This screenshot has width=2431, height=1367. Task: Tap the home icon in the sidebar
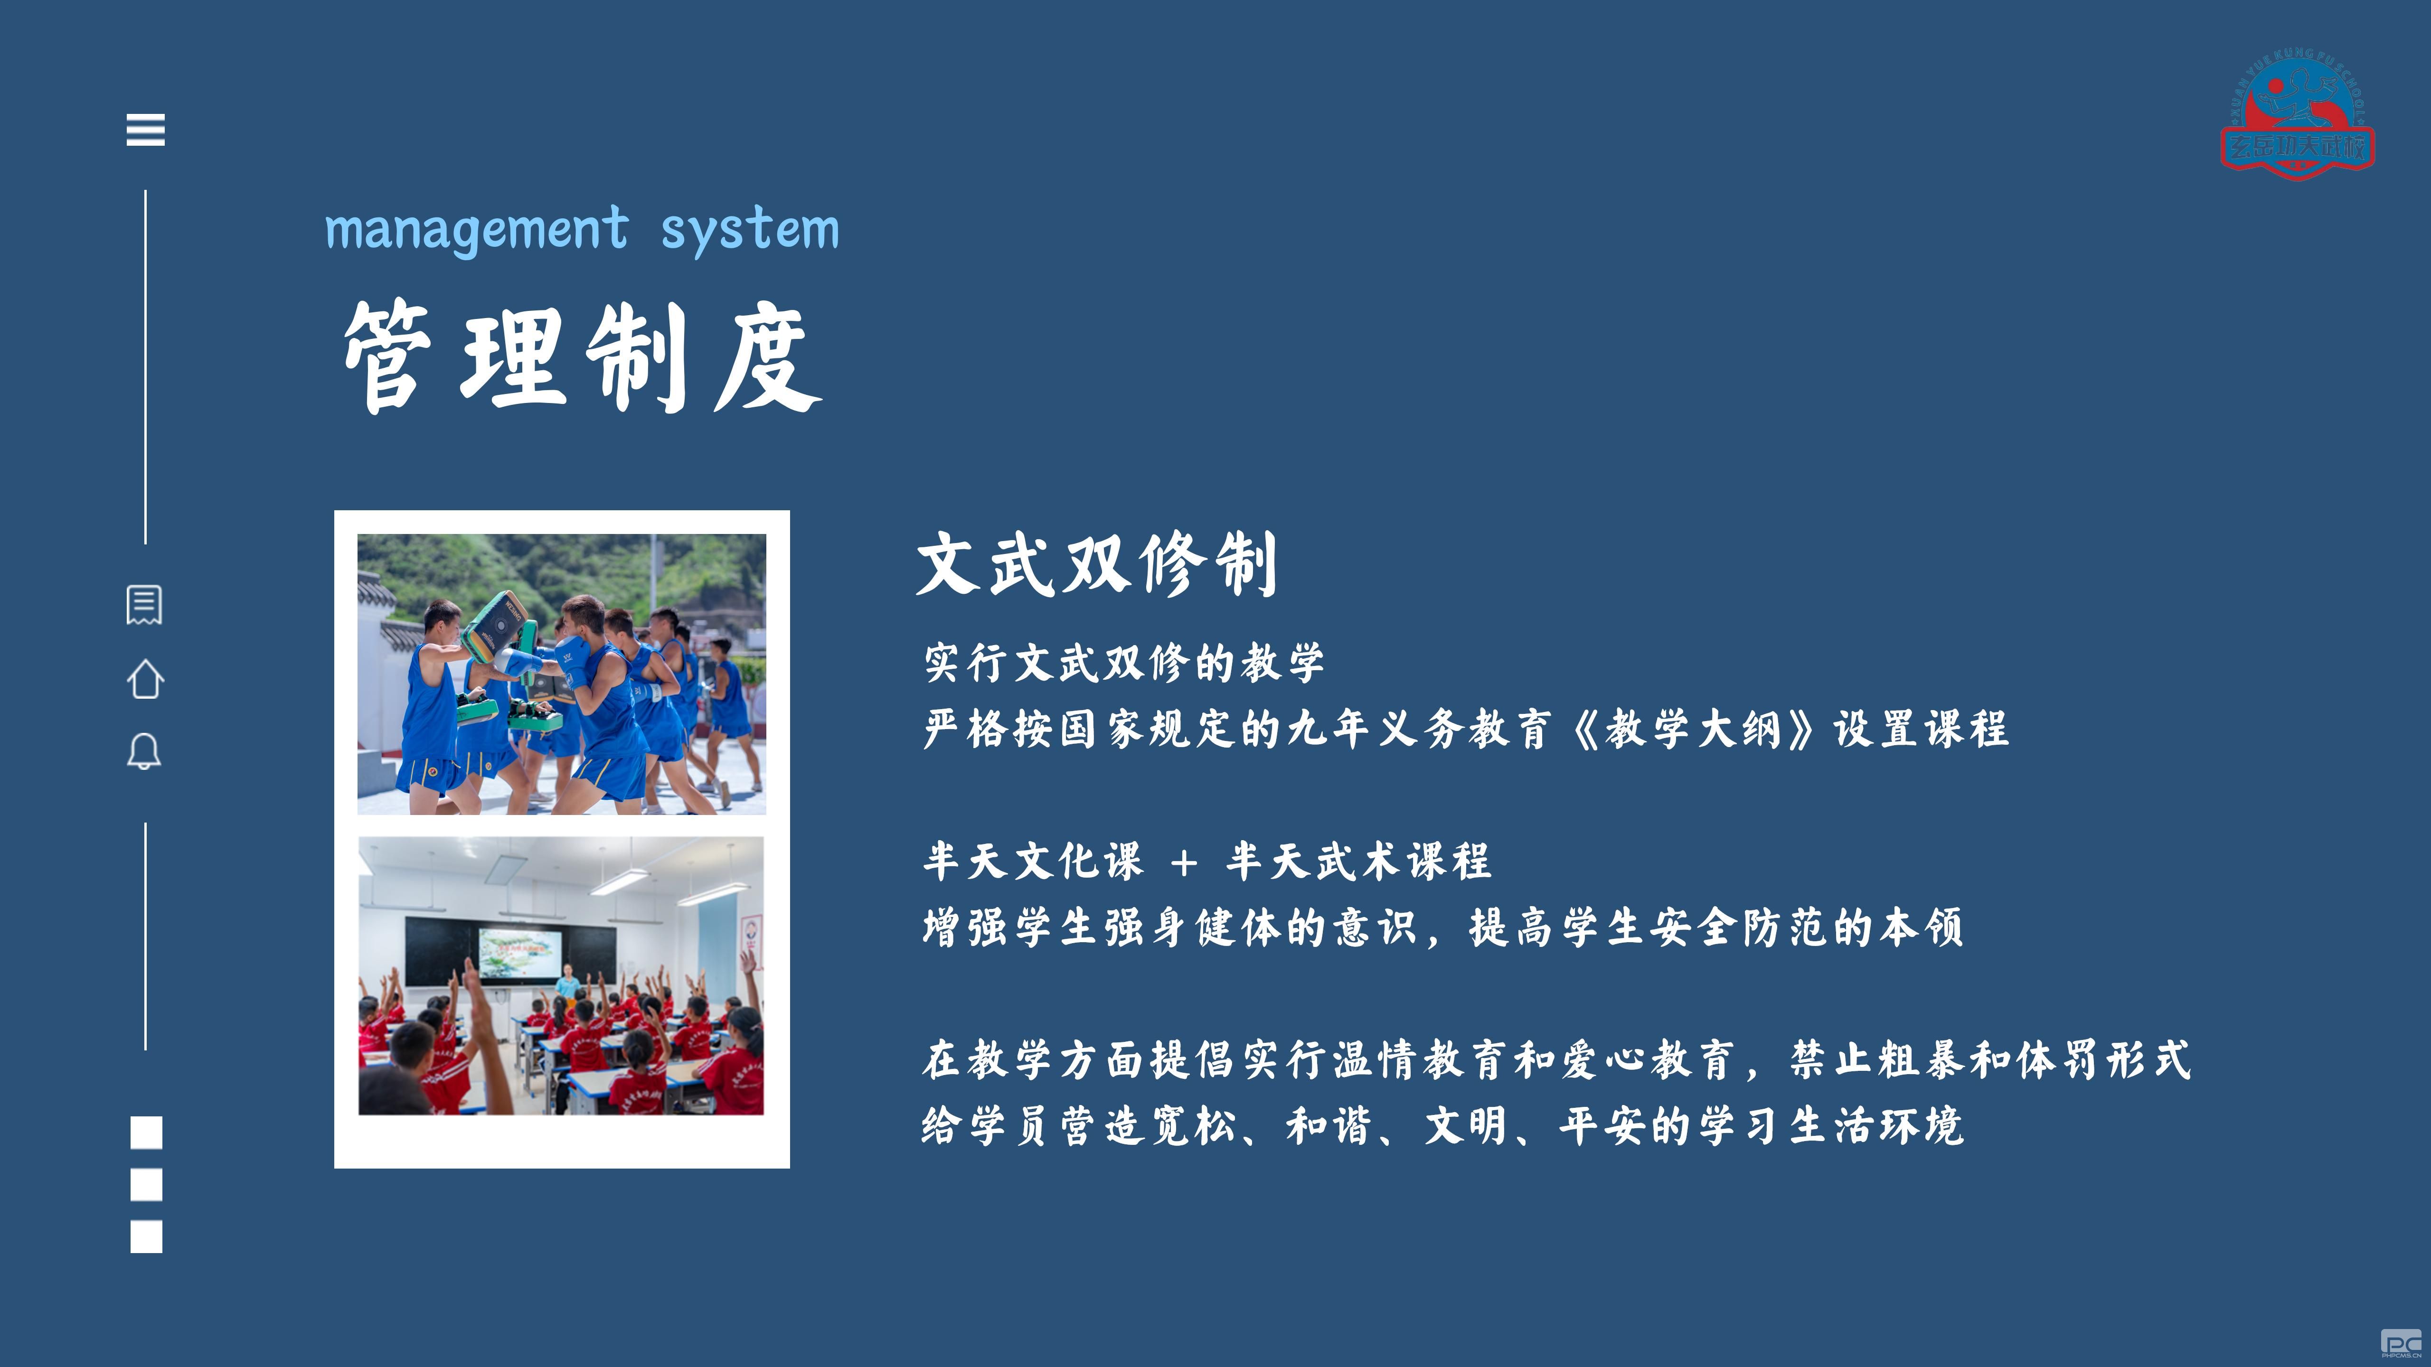click(145, 679)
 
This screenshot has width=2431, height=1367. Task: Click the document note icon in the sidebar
click(144, 605)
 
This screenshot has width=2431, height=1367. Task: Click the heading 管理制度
click(582, 356)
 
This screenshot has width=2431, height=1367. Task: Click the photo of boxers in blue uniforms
click(562, 674)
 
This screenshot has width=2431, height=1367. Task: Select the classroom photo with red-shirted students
click(562, 975)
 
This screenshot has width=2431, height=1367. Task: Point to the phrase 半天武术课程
click(1359, 861)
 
